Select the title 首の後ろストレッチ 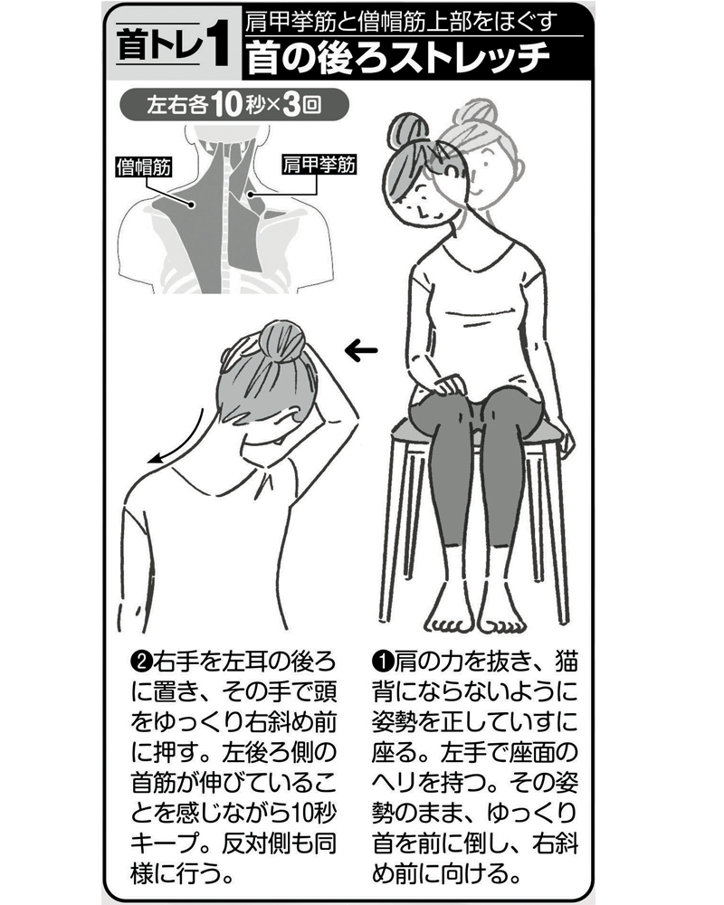point(398,57)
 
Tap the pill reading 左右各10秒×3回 point(233,106)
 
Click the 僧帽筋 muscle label point(144,167)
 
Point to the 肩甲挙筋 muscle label point(319,165)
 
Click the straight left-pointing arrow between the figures point(361,350)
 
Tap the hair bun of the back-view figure point(281,342)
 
